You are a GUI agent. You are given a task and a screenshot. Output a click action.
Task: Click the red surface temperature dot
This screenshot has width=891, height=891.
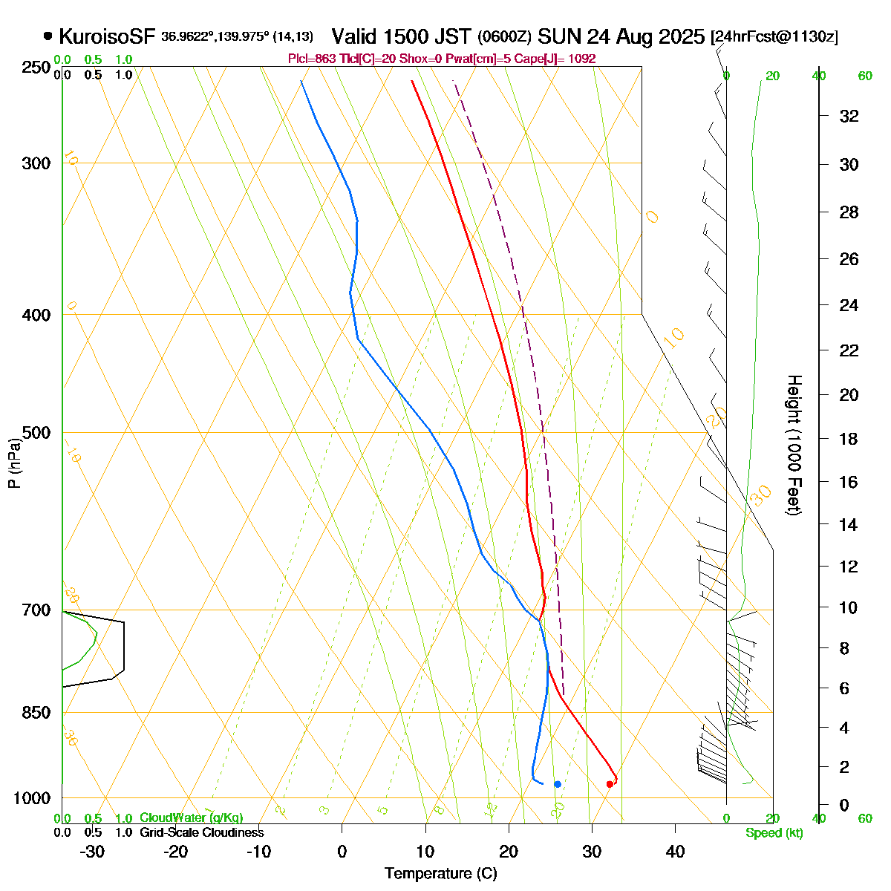[610, 784]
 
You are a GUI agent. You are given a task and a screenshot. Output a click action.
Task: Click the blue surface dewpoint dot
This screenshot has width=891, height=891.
[558, 784]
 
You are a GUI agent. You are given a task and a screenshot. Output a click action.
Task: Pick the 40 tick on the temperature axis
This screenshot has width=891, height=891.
[675, 851]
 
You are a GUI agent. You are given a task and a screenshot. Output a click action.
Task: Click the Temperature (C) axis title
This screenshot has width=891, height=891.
[441, 874]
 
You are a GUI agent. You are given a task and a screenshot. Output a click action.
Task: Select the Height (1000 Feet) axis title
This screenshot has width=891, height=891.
[793, 445]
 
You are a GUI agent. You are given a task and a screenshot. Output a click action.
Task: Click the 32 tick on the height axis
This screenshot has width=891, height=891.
[849, 116]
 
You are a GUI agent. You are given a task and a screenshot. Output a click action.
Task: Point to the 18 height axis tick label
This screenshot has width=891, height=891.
[849, 439]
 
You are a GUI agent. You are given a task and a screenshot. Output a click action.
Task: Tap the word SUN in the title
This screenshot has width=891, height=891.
[558, 36]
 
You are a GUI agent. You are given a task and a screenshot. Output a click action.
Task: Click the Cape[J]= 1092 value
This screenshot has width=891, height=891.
[559, 59]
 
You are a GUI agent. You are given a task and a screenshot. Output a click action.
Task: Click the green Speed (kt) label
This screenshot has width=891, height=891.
[774, 833]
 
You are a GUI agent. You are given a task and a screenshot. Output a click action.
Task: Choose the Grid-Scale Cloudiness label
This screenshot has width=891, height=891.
[201, 833]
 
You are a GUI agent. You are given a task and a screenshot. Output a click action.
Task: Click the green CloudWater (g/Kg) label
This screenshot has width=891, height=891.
[191, 818]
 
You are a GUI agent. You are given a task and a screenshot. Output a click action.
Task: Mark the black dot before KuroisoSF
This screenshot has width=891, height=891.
[48, 36]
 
